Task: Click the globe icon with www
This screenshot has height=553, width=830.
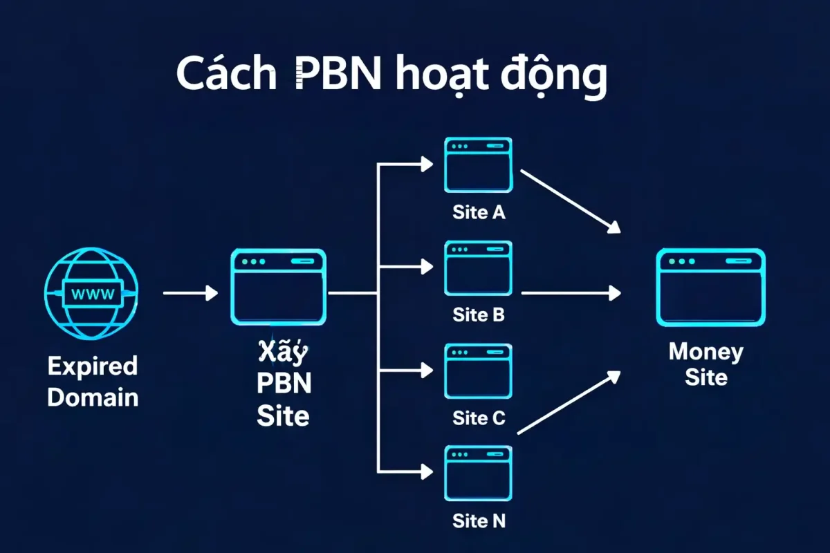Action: (x=91, y=292)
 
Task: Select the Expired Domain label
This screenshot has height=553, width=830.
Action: (x=92, y=382)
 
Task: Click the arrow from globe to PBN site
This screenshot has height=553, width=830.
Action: (x=190, y=294)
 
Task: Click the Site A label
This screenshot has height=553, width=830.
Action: (x=479, y=212)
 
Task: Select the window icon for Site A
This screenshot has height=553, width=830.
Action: (x=479, y=165)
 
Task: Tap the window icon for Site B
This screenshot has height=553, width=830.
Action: (x=479, y=269)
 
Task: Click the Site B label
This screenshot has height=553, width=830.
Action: (x=479, y=315)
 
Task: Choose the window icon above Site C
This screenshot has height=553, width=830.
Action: (x=479, y=372)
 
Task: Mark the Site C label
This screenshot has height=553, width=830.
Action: (x=479, y=418)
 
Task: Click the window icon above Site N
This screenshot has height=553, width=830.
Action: (x=479, y=474)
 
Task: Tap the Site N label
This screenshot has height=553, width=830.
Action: (x=479, y=521)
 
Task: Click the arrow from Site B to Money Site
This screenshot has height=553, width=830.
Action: (x=570, y=294)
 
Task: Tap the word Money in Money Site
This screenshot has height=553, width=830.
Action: (x=705, y=352)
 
